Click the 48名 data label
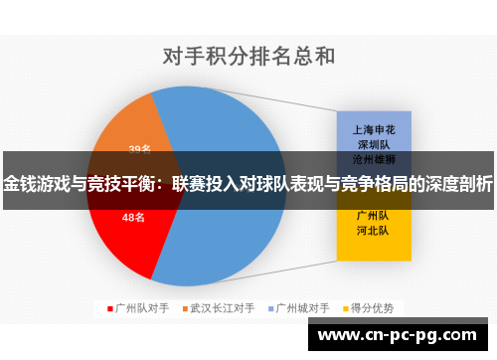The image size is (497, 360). coord(133,217)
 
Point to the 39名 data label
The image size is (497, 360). coord(139,149)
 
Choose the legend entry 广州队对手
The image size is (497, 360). coord(140,307)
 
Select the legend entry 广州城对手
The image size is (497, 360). coord(303,307)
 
